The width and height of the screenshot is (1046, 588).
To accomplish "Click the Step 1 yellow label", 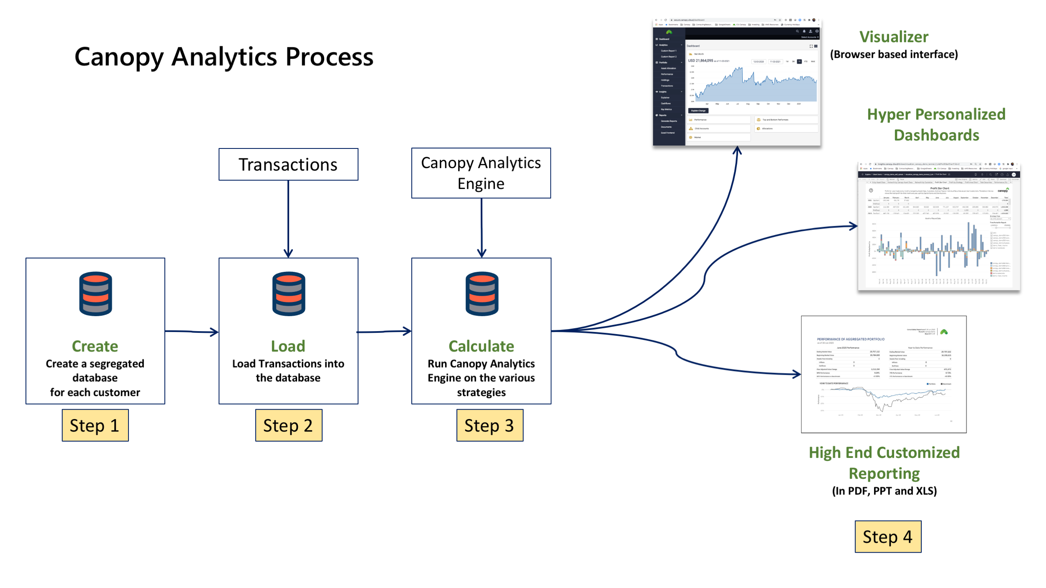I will pyautogui.click(x=95, y=425).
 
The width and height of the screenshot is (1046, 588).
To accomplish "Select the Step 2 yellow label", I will pyautogui.click(x=289, y=425).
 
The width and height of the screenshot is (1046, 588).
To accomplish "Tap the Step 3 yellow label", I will pyautogui.click(x=490, y=425).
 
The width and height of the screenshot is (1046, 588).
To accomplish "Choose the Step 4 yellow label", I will pyautogui.click(x=888, y=537).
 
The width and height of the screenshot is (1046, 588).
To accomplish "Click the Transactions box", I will pyautogui.click(x=288, y=164).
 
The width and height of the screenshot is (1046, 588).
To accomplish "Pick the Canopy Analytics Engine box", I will pyautogui.click(x=481, y=173).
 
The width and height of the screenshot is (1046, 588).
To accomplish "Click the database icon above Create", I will pyautogui.click(x=95, y=294).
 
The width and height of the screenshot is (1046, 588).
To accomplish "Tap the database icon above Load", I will pyautogui.click(x=289, y=294).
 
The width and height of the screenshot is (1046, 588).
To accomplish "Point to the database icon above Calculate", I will pyautogui.click(x=482, y=294).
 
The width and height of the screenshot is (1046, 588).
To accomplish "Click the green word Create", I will pyautogui.click(x=95, y=346).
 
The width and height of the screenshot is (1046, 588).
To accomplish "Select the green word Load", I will pyautogui.click(x=288, y=346).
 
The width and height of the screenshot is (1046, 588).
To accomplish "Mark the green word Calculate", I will pyautogui.click(x=481, y=346).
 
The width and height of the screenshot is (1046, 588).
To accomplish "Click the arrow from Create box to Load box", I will pyautogui.click(x=192, y=332).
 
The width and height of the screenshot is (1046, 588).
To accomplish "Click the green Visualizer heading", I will pyautogui.click(x=894, y=37).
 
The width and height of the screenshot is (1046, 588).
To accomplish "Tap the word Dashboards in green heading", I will pyautogui.click(x=936, y=135).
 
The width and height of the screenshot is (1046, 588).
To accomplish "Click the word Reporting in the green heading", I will pyautogui.click(x=884, y=473).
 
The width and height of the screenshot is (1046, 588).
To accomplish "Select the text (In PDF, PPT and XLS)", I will pyautogui.click(x=884, y=491).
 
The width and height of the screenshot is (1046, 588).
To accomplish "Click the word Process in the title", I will pyautogui.click(x=329, y=57).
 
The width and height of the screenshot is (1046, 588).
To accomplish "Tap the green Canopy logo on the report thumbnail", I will pyautogui.click(x=944, y=332).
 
